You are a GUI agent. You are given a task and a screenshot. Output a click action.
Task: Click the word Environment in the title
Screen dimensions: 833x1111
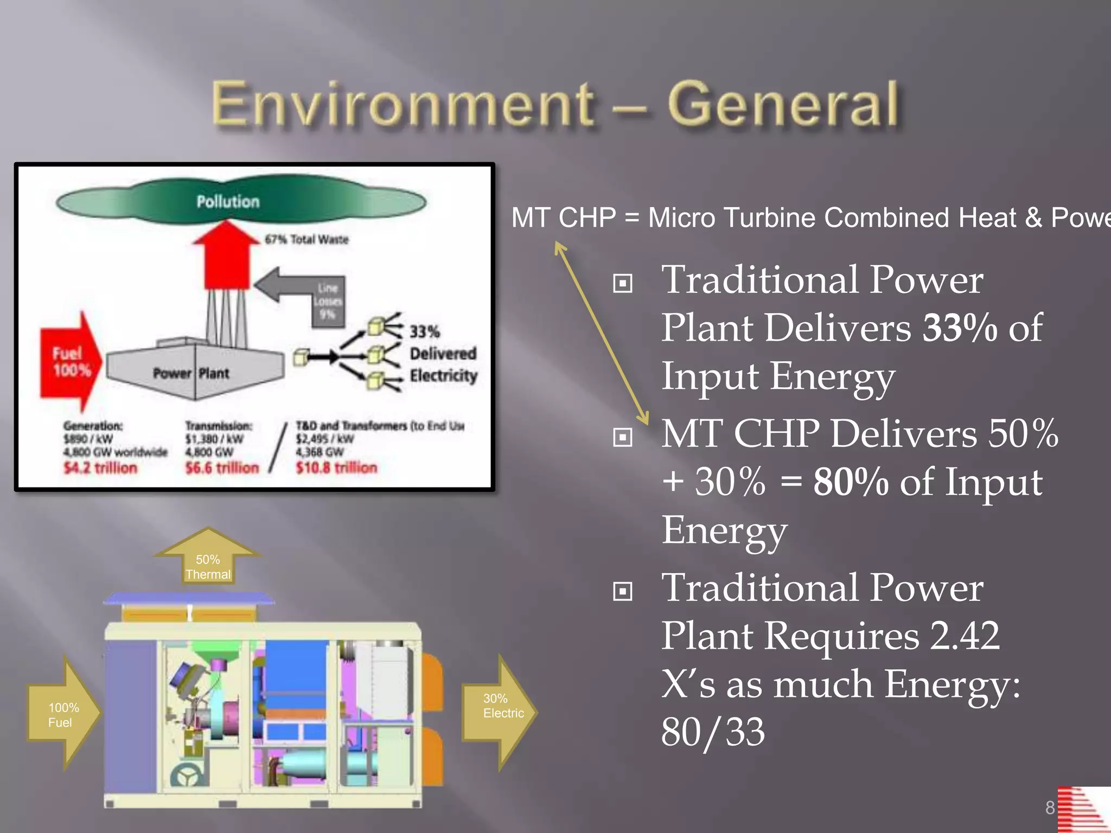click(x=403, y=104)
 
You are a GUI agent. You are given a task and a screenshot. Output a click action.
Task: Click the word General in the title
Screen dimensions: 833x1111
click(x=782, y=104)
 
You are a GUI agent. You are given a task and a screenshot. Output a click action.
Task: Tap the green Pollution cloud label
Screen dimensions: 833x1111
click(x=228, y=202)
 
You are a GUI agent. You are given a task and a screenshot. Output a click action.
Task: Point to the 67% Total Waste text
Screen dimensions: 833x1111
click(x=307, y=240)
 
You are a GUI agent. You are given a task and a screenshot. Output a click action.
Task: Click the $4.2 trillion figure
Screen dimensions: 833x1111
click(x=100, y=467)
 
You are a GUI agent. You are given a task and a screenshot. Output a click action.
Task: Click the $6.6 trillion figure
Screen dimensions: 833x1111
click(x=222, y=467)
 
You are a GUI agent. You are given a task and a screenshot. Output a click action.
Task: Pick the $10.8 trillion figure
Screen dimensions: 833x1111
click(x=336, y=467)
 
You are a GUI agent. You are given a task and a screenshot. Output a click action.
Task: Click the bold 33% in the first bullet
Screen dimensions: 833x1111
click(x=960, y=328)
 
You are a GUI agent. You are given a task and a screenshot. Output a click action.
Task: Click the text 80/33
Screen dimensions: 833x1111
click(x=713, y=732)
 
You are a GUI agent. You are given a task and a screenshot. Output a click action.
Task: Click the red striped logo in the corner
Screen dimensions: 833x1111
click(x=1082, y=809)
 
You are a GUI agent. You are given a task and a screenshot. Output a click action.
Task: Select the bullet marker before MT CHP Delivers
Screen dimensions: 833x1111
click(x=622, y=437)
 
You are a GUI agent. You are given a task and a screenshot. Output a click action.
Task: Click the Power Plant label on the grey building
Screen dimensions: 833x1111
click(x=191, y=373)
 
